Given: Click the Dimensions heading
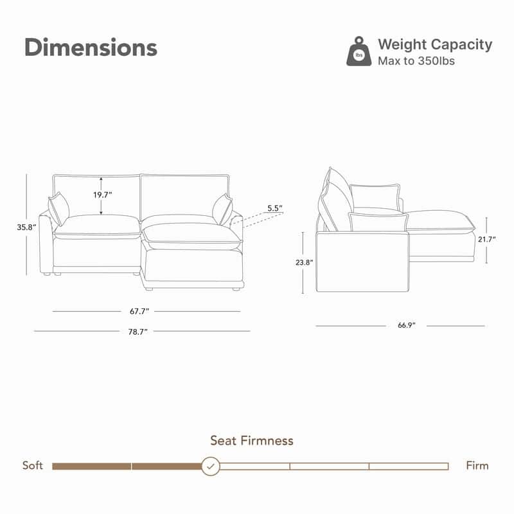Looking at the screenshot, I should click(x=91, y=48).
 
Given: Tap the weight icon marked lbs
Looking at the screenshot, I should click(x=359, y=52).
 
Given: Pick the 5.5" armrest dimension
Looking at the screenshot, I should click(x=274, y=208).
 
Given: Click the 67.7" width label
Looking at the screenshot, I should click(x=139, y=312).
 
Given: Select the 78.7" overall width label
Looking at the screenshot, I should click(x=137, y=332).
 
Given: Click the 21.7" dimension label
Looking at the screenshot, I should click(x=486, y=238).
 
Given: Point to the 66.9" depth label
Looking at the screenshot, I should click(x=407, y=326).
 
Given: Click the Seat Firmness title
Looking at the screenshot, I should click(x=252, y=441).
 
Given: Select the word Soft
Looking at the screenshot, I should click(x=33, y=465).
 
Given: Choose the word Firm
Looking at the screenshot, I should click(x=477, y=465).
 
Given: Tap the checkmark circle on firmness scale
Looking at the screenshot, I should click(x=211, y=466).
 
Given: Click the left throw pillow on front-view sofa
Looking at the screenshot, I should click(x=58, y=208).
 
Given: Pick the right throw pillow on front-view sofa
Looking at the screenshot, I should click(x=222, y=208).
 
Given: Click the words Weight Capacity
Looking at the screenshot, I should click(x=435, y=44).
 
